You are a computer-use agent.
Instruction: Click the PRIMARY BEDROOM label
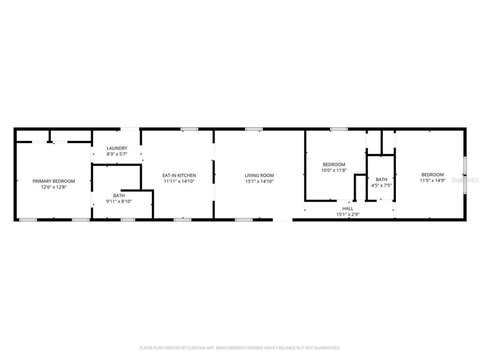point(54,181)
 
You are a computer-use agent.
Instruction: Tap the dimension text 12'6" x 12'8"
point(54,187)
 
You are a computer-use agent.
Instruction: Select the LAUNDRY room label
point(117,148)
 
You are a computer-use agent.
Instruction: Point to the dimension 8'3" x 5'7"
point(117,154)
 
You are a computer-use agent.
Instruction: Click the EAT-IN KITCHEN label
point(179,175)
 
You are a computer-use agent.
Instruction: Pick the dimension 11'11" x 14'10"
point(179,181)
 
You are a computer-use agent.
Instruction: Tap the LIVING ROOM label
point(259,175)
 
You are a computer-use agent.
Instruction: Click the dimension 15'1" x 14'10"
point(259,181)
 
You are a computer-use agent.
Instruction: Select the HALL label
point(348,208)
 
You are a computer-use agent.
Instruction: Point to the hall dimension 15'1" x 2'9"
point(348,214)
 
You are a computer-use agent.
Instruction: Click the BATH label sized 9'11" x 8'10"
point(119,195)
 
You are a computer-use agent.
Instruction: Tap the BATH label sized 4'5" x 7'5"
point(381,180)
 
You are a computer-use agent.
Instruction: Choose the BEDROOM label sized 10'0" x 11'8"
point(334,164)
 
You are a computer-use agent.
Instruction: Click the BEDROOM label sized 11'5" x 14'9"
point(432,175)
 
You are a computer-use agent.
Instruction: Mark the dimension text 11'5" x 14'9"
point(432,180)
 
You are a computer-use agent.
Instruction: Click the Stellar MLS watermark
point(465,180)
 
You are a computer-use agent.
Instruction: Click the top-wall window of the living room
point(254,129)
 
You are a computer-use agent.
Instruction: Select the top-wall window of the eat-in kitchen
point(189,129)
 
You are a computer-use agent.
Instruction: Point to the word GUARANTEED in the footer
point(326,348)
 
